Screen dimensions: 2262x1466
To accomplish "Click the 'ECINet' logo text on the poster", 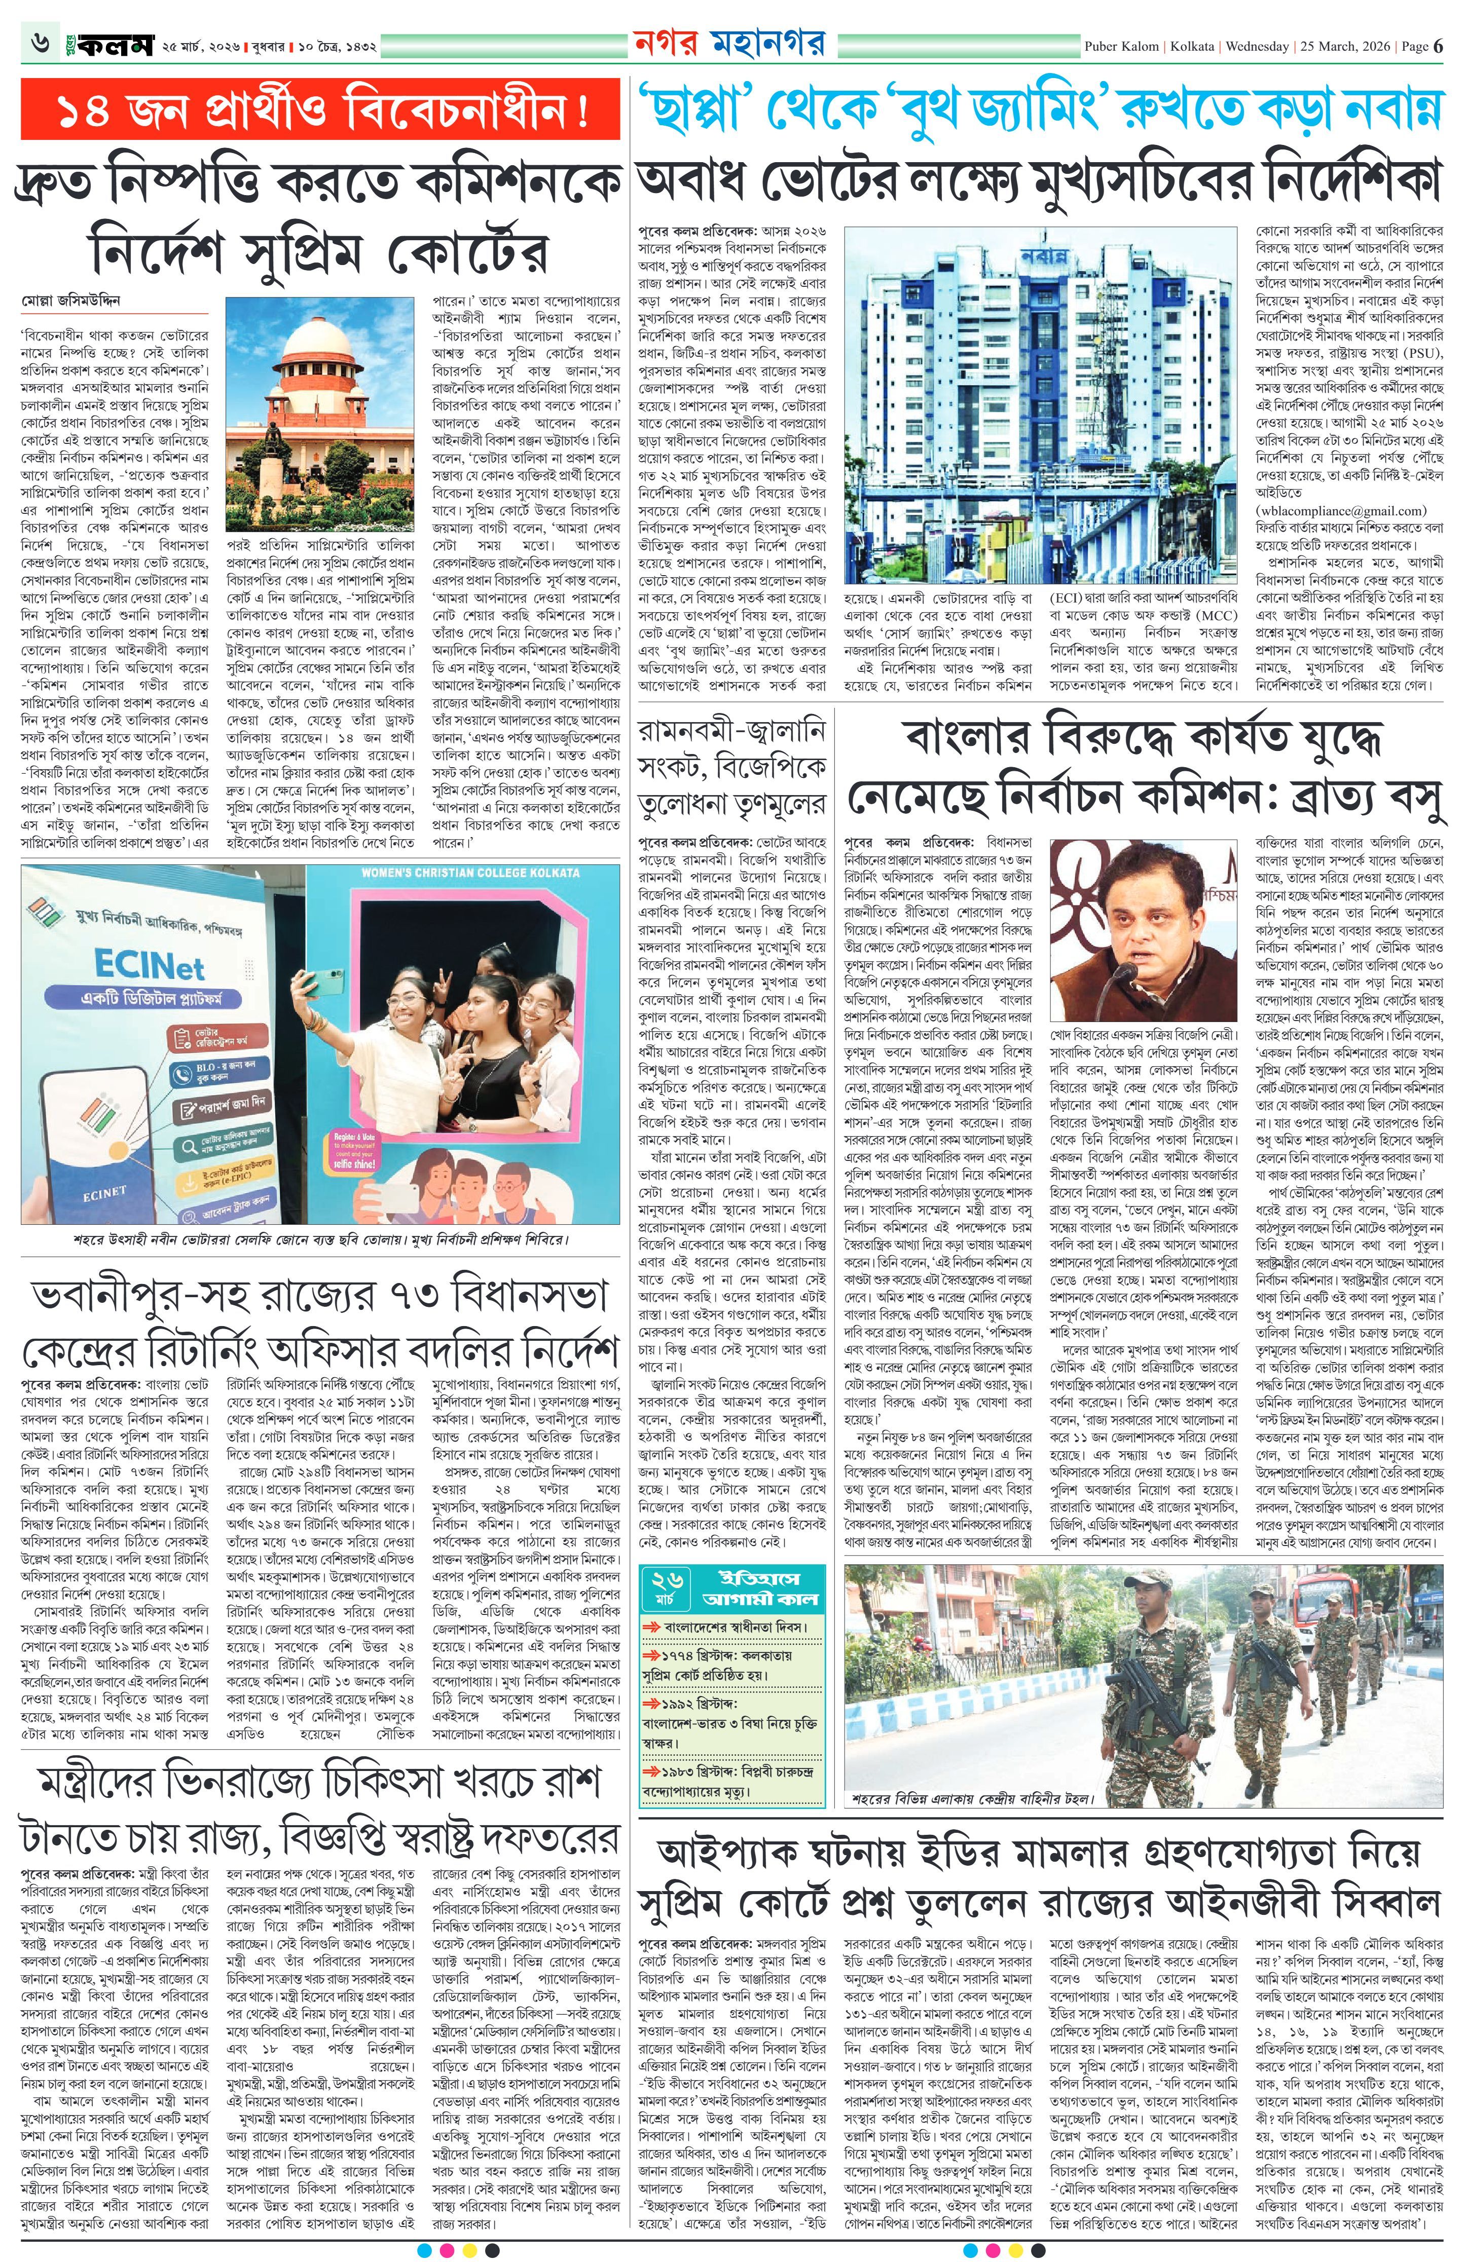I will [149, 967].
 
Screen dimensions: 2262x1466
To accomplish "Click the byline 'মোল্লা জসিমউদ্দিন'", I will [71, 301].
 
